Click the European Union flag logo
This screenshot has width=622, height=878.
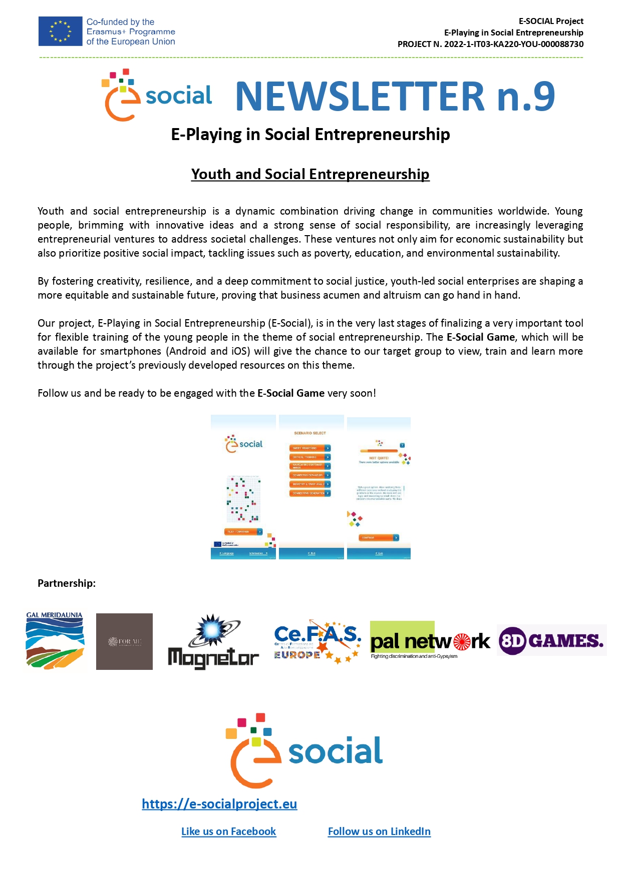click(x=60, y=31)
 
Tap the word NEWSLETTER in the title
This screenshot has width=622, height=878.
click(x=360, y=96)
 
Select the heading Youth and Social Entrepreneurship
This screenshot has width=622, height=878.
click(x=310, y=174)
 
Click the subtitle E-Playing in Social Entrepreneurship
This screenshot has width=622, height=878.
click(x=310, y=135)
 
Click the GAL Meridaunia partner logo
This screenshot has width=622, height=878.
click(x=55, y=640)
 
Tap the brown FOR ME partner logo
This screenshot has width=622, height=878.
click(x=124, y=641)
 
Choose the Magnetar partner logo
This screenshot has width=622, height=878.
click(x=213, y=642)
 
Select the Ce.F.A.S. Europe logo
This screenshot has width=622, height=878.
click(x=317, y=642)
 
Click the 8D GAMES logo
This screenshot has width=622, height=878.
click(x=551, y=640)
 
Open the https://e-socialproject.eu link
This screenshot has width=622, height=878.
click(x=219, y=804)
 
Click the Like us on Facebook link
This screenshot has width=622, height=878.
click(x=228, y=831)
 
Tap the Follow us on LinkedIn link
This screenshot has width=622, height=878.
click(x=379, y=831)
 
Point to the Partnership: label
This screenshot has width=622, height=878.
click(x=67, y=583)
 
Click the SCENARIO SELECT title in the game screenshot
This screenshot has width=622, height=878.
click(x=310, y=433)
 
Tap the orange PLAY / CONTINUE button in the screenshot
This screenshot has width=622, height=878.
click(x=243, y=532)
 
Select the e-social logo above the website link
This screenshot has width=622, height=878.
click(x=304, y=750)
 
